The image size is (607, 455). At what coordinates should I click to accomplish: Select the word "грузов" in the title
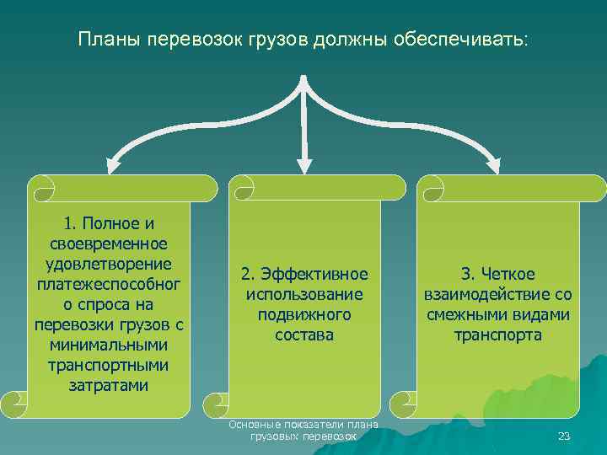282,40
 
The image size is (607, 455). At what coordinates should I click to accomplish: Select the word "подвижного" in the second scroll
303,315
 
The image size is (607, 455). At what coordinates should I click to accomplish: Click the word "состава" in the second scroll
303,335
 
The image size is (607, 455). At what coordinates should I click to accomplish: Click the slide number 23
564,436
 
